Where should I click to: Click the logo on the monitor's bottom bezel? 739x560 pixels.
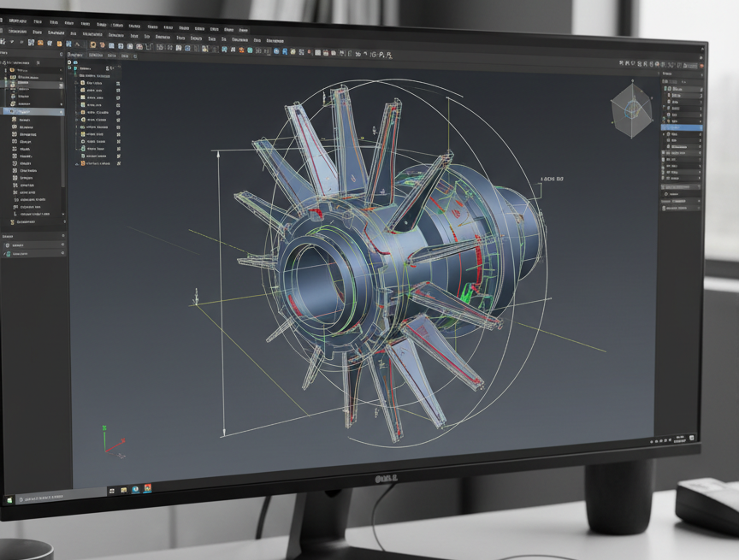point(387,478)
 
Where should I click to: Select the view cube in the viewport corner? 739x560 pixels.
point(631,110)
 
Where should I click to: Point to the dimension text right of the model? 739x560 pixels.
point(552,180)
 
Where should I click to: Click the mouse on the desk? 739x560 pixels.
point(708,504)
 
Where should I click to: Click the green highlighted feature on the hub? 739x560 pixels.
point(466,292)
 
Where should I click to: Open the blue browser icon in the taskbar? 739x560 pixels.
point(136,490)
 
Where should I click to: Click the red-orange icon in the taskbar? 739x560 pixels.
point(148,488)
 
